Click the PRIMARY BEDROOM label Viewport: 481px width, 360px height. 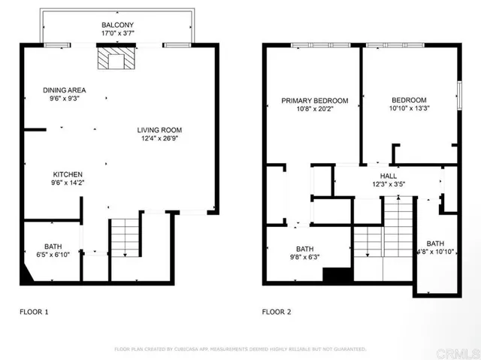[315, 100]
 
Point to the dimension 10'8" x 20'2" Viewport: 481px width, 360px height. [315, 109]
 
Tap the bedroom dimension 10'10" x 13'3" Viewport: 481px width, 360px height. [409, 109]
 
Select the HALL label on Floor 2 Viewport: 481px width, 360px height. [388, 175]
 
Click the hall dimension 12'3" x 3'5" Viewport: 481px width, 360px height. [388, 184]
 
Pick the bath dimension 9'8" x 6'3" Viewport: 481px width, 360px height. [304, 258]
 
